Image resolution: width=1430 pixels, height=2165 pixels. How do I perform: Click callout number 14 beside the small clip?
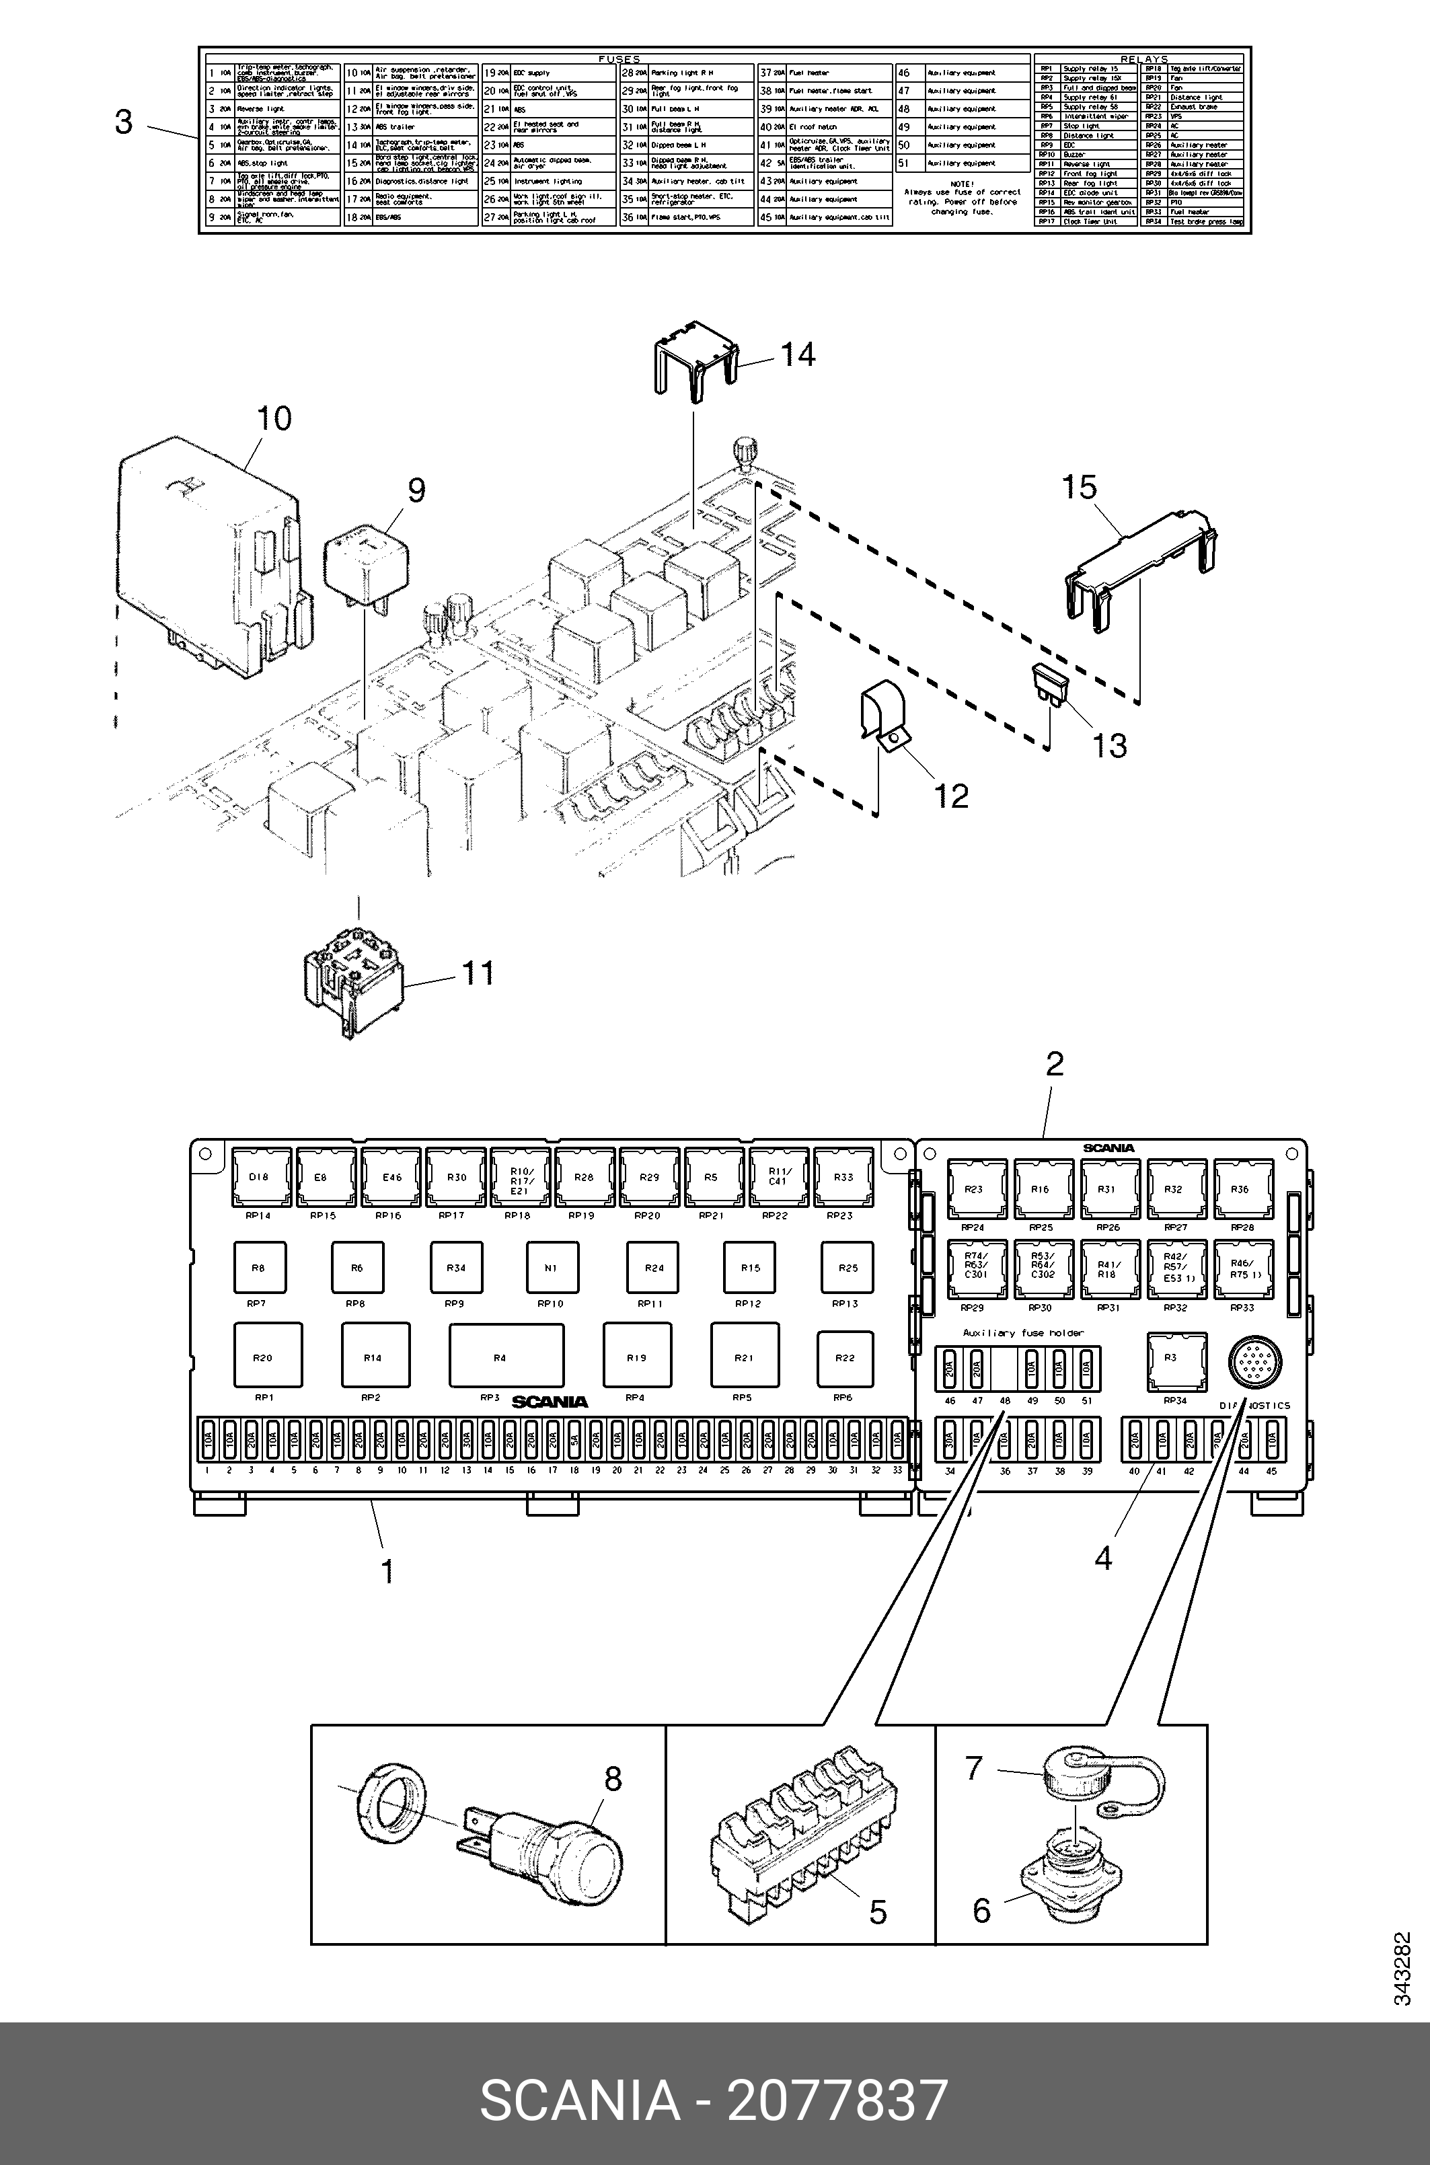point(798,354)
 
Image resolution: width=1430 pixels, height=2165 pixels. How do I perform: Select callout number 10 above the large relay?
point(274,418)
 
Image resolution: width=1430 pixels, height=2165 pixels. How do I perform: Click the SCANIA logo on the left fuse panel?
point(550,1402)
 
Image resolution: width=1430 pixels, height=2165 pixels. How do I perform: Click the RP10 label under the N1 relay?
point(551,1304)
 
